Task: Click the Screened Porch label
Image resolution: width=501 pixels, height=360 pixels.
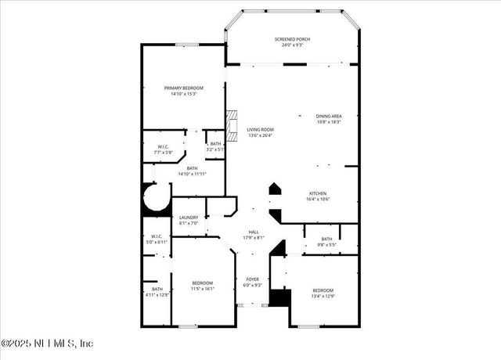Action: (292, 39)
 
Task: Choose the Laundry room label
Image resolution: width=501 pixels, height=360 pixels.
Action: (189, 220)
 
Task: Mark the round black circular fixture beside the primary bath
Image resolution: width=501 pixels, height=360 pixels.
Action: (156, 198)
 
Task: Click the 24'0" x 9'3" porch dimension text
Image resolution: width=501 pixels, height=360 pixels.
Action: (292, 45)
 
